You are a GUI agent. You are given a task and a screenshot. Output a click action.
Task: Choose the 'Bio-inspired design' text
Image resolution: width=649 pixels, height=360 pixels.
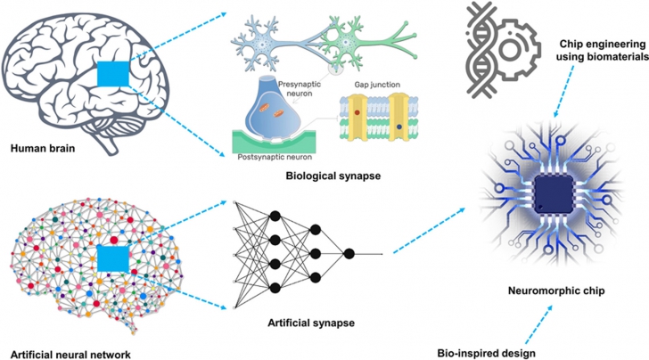pyautogui.click(x=486, y=352)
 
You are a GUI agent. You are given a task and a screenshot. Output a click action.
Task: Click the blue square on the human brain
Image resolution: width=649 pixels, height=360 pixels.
pyautogui.click(x=113, y=77)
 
